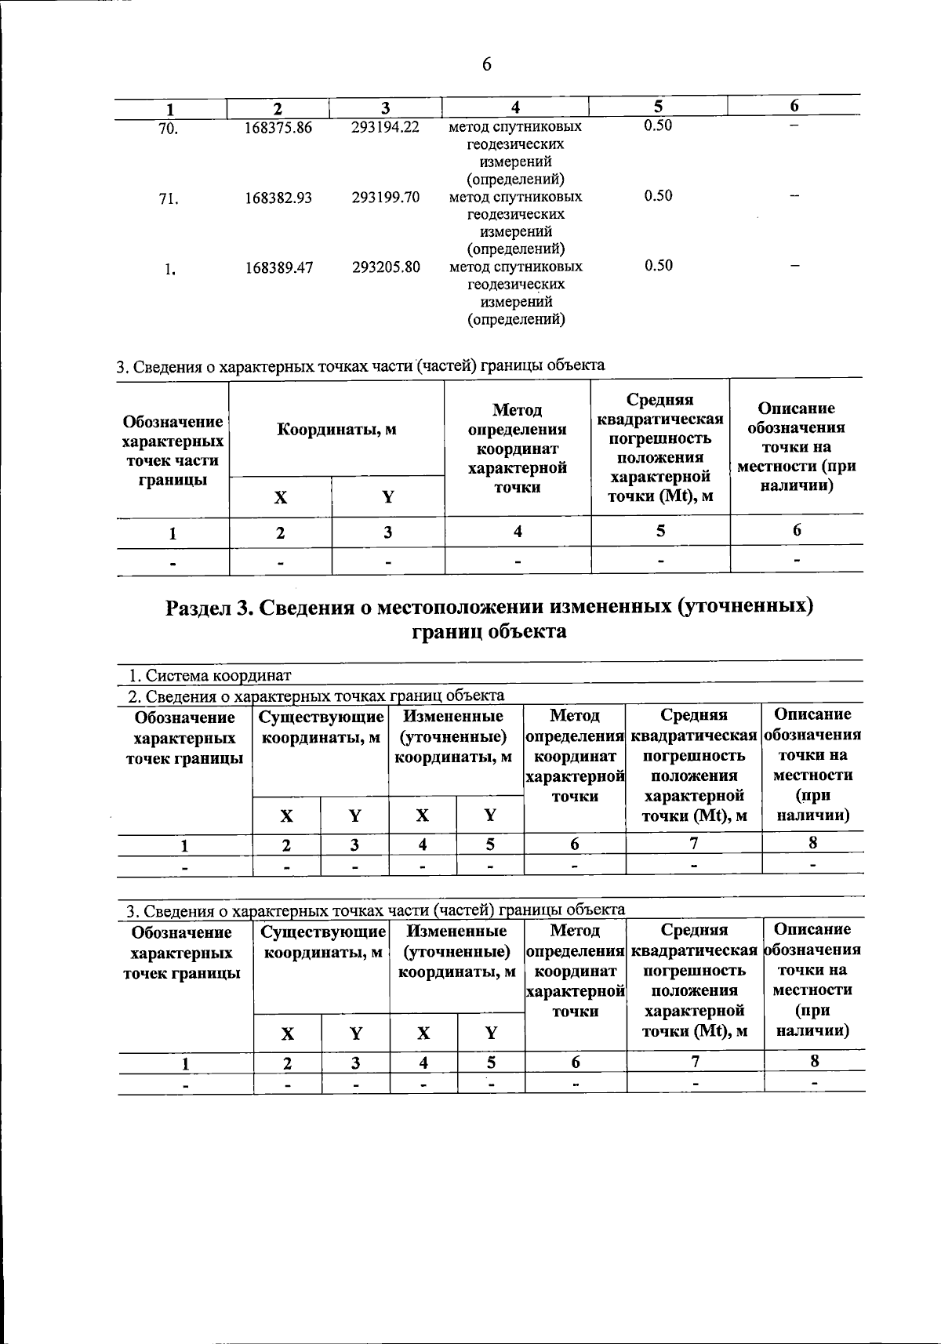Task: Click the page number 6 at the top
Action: (x=486, y=65)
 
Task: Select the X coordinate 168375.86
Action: (x=278, y=128)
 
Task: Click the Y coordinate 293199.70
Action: (x=385, y=198)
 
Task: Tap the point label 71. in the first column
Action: (x=169, y=199)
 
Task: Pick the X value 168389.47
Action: (x=278, y=267)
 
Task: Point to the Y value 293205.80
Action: (x=385, y=267)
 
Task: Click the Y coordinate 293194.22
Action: (x=385, y=128)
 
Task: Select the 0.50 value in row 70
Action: (x=658, y=126)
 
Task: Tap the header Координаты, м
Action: (x=336, y=430)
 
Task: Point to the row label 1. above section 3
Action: (x=170, y=271)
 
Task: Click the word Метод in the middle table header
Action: (x=517, y=410)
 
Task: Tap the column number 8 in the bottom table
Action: (x=815, y=1061)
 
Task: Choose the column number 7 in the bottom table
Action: (x=695, y=1062)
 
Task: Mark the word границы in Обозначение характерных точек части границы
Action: (x=173, y=479)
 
